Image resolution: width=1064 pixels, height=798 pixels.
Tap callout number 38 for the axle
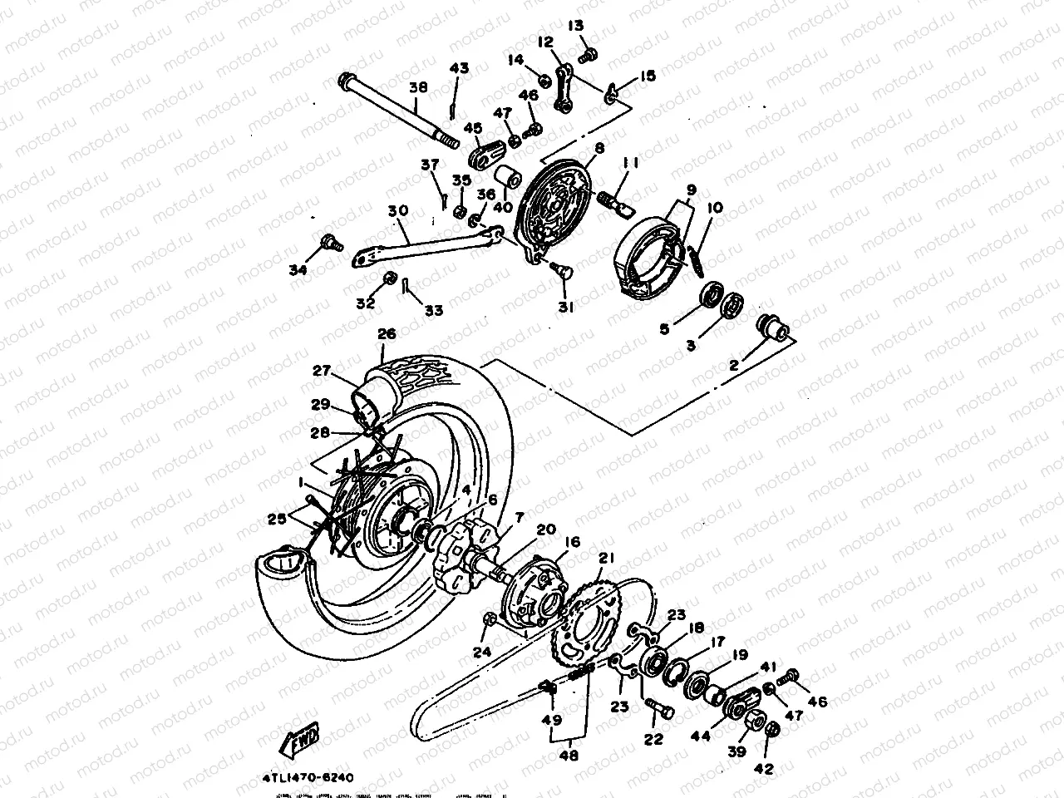click(x=419, y=86)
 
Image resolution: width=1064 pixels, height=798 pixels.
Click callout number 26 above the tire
click(x=386, y=334)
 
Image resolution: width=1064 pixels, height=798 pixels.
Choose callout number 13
click(x=576, y=27)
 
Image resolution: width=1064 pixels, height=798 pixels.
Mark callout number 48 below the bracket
click(x=569, y=757)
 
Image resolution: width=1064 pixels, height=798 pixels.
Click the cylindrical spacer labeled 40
click(x=508, y=178)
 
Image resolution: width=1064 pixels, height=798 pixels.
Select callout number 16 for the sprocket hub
click(x=573, y=543)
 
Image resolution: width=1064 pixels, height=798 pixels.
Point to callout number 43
click(x=461, y=68)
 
